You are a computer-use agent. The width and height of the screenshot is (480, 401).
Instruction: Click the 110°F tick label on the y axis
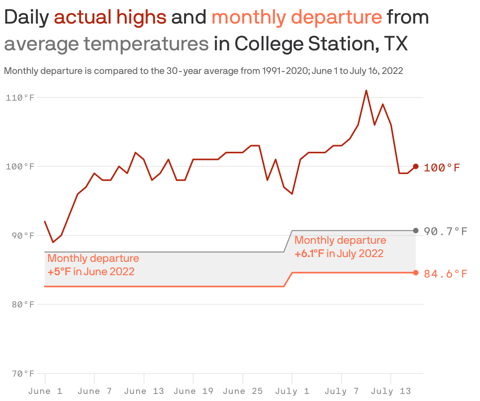20,97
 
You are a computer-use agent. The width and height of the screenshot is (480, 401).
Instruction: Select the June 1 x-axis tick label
45,391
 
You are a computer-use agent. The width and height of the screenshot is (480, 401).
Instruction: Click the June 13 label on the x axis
144,391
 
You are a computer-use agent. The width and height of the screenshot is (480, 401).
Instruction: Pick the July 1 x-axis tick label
292,391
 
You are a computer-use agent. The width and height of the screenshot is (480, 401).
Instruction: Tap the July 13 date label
391,391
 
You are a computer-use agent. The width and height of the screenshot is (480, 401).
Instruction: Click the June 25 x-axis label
242,391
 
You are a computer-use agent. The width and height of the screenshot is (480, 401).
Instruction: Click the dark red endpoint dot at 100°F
416,166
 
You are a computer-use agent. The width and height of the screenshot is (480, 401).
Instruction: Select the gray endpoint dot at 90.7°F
416,230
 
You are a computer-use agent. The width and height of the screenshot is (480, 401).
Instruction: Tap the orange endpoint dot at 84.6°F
416,273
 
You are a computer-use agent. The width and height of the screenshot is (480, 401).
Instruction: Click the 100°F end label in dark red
442,168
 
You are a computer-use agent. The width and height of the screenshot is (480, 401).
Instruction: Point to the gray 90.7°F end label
446,231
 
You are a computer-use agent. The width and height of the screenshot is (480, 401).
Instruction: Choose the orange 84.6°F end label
446,274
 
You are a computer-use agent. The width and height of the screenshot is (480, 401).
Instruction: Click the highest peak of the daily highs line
366,90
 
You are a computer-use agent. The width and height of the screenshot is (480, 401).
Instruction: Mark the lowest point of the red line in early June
53,242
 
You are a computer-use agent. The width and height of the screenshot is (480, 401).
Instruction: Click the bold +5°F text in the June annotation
59,272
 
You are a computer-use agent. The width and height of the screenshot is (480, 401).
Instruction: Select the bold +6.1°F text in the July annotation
309,254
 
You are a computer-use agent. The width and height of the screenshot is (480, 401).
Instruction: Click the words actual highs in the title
110,17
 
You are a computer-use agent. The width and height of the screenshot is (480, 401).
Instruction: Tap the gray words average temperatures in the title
106,44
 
